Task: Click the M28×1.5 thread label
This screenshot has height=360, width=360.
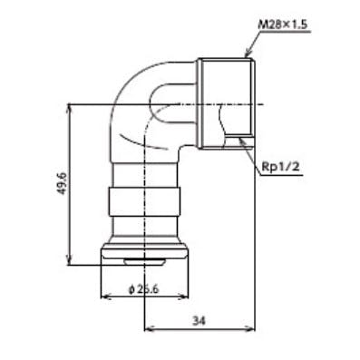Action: [x=282, y=24]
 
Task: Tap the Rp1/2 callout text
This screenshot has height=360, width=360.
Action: [x=280, y=167]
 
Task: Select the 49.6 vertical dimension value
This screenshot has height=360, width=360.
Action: [x=62, y=184]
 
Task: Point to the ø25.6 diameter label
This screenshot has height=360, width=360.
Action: [x=143, y=289]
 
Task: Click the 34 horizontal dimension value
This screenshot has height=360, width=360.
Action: [x=199, y=321]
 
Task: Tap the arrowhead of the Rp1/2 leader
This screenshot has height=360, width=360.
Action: [x=240, y=140]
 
